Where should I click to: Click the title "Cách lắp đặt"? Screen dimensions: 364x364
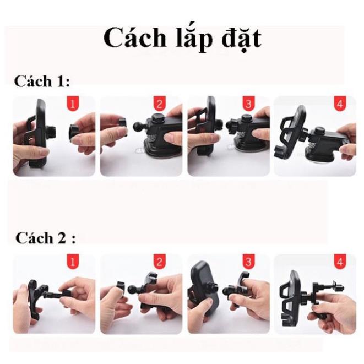[181, 39]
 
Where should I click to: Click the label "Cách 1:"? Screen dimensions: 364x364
[42, 82]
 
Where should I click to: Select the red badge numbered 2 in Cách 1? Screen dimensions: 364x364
[159, 104]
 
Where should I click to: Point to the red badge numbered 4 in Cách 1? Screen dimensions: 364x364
[339, 104]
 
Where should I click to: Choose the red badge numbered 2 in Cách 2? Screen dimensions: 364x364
[159, 262]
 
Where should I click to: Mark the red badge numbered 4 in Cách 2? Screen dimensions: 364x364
[339, 262]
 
